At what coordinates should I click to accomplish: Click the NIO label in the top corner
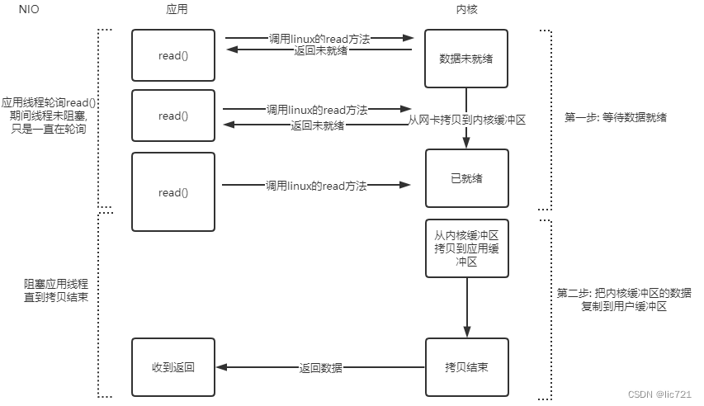click(x=29, y=9)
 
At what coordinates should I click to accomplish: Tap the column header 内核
click(x=467, y=9)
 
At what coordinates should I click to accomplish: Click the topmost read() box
click(x=173, y=56)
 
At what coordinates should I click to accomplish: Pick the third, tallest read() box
click(x=173, y=191)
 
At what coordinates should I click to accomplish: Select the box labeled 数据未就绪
click(x=467, y=59)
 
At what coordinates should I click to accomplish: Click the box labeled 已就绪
click(x=467, y=177)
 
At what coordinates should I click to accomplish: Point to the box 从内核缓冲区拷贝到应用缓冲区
click(x=467, y=248)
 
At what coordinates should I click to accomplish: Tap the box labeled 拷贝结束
click(x=467, y=367)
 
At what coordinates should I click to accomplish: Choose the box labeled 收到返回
click(x=173, y=367)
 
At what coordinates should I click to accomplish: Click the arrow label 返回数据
click(x=320, y=367)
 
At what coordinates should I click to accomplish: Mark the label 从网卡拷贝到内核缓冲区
click(x=467, y=120)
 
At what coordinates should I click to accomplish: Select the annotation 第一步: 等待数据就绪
click(x=615, y=118)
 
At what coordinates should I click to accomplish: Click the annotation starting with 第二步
click(x=623, y=300)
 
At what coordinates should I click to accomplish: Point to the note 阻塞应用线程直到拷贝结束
click(x=50, y=290)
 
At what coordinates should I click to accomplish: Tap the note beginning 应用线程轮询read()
click(x=50, y=116)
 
